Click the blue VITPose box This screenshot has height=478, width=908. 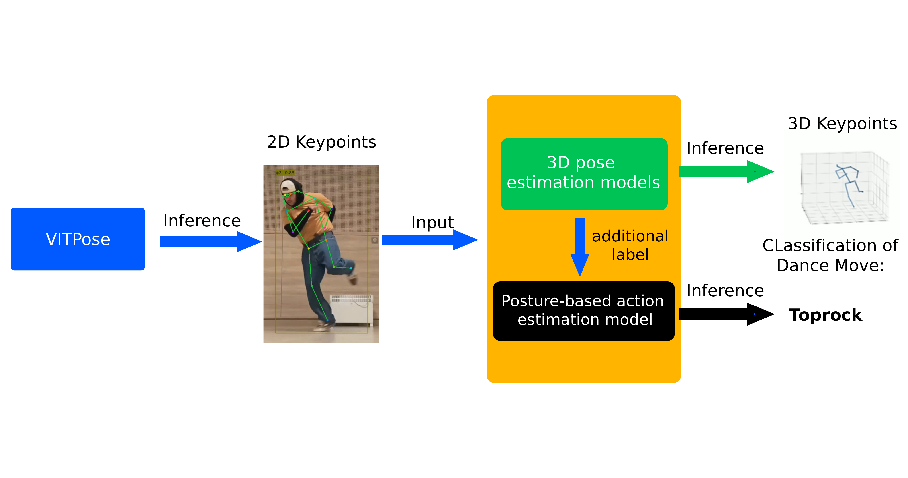(78, 239)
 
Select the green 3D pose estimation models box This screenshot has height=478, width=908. (584, 174)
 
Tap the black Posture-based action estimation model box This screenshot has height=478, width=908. (584, 311)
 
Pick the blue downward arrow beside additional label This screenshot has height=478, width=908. (580, 246)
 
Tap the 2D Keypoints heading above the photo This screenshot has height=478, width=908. (321, 142)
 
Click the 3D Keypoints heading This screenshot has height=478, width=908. (842, 123)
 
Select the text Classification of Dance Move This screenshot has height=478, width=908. (830, 255)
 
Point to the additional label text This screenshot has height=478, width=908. (630, 245)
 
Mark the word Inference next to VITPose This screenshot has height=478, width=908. (202, 221)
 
